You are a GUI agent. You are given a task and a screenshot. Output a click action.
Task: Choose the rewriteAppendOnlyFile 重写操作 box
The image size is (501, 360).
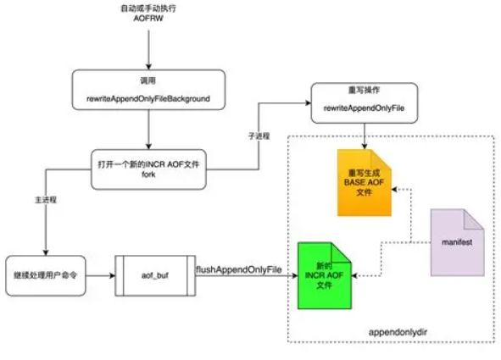365,100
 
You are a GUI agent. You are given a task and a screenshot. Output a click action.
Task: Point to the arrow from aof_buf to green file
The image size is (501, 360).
246,276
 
